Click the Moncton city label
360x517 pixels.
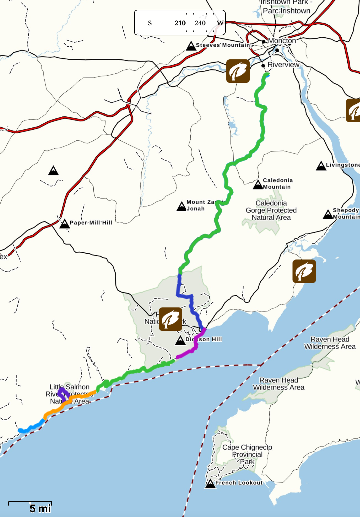point(282,41)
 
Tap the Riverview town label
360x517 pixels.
point(283,65)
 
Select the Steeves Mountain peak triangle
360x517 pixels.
point(191,46)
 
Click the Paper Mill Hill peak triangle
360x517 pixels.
point(64,224)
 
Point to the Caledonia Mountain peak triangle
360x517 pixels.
point(258,184)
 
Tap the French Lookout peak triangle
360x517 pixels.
point(210,484)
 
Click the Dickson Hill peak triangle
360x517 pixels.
point(180,340)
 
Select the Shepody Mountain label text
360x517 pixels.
point(346,213)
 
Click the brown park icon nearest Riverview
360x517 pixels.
point(238,71)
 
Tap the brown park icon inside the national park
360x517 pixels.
point(170,319)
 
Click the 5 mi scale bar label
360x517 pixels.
point(40,508)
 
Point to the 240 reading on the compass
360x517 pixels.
point(200,23)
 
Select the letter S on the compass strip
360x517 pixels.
point(150,23)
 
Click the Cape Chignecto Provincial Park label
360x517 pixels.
point(247,454)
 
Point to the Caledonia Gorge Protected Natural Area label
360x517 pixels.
point(271,210)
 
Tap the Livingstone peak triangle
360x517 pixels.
point(321,166)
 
